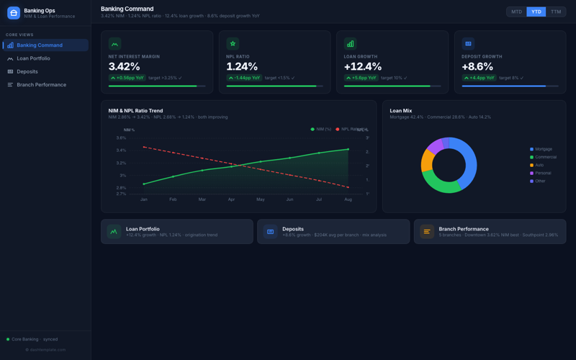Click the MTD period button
click(x=516, y=12)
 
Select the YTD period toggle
click(x=536, y=12)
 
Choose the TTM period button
click(x=556, y=12)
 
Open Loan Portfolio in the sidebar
click(x=33, y=58)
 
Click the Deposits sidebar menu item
click(x=27, y=71)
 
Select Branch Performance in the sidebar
click(x=41, y=85)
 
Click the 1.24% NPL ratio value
click(x=242, y=66)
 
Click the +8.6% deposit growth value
click(x=477, y=66)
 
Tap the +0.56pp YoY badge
click(x=127, y=78)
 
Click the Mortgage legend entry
click(x=543, y=149)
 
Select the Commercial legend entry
click(x=545, y=157)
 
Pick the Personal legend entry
click(x=542, y=173)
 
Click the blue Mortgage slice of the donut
click(x=468, y=162)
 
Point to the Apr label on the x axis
click(x=231, y=199)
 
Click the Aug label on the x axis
click(x=348, y=199)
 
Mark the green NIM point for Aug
click(x=348, y=149)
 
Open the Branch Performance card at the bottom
click(x=490, y=231)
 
